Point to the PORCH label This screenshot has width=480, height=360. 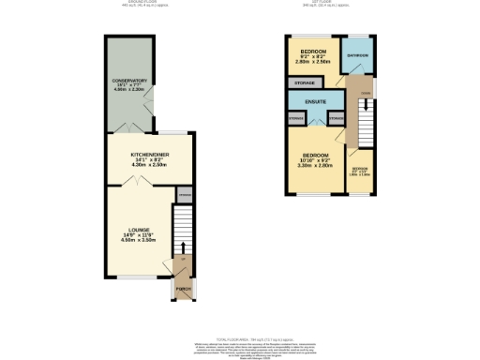[185, 289]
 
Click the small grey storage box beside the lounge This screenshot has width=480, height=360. [185, 195]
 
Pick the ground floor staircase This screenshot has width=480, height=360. [185, 231]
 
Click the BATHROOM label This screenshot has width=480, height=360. [357, 56]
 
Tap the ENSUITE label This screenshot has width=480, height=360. [314, 100]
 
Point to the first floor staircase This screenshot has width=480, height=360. [360, 118]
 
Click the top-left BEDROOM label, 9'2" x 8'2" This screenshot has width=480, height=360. [313, 51]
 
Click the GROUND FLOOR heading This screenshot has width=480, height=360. [142, 2]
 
